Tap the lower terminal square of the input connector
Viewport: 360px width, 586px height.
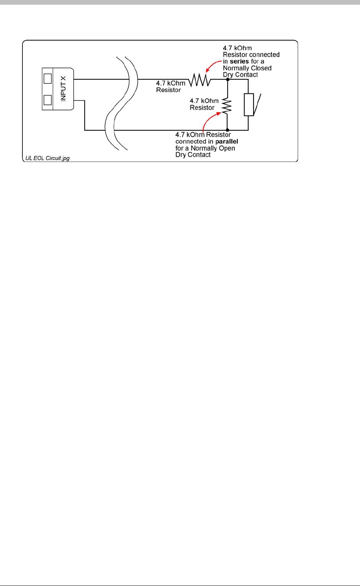[47, 100]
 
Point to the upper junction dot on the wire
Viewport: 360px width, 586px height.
[228, 79]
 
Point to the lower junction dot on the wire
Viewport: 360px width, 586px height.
[228, 130]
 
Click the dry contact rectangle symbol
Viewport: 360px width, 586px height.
[248, 104]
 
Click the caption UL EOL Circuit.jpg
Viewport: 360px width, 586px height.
[47, 158]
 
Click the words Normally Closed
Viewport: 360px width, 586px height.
[247, 68]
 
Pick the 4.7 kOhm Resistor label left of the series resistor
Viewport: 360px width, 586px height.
[170, 87]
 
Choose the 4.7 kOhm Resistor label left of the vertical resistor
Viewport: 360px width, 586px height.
[203, 104]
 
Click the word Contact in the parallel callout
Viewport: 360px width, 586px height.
[200, 155]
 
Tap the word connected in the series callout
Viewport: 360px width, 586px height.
[265, 55]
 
